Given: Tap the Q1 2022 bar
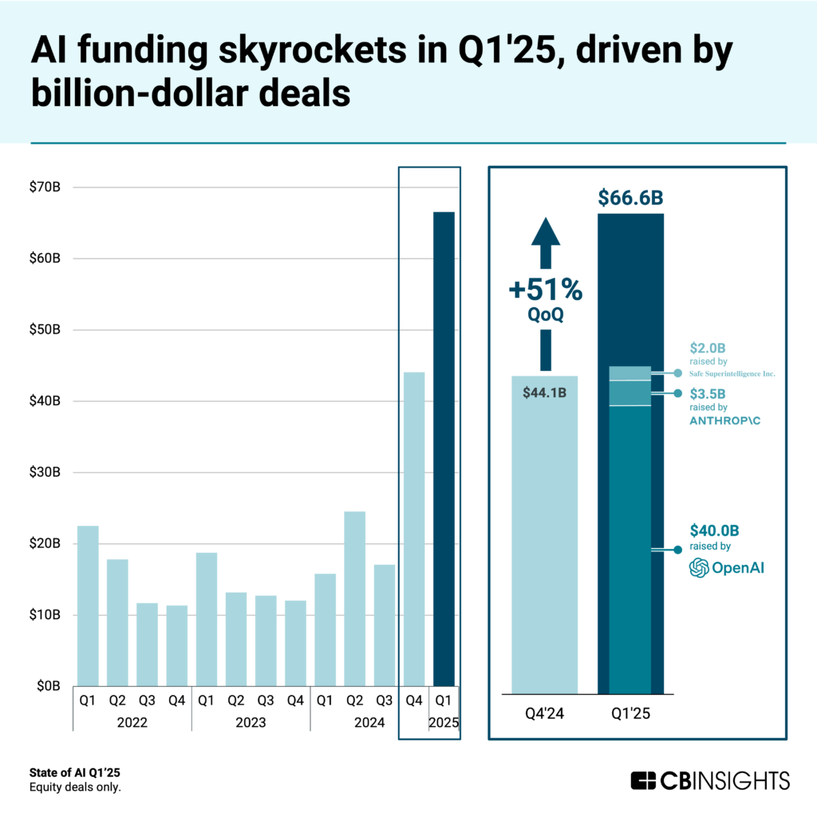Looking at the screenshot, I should pos(88,606).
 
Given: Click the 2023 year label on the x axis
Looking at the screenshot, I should pos(251,723).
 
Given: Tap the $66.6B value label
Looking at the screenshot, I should pos(630,198).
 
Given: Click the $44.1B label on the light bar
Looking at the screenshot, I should pos(543,393).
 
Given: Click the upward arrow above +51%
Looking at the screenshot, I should pos(546,239).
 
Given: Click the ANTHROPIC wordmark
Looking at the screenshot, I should pos(724,420).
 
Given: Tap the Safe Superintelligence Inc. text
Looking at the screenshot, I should pos(732,373).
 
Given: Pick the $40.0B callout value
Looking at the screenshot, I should pos(714,531).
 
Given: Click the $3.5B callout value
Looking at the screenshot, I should pos(708,393).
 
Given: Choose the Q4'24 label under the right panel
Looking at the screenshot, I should pos(543,713).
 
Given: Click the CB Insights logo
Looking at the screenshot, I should pos(709,780).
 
